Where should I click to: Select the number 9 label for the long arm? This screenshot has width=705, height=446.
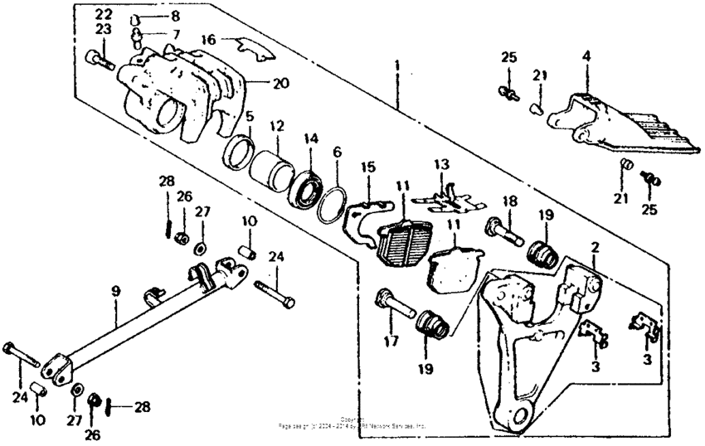pyautogui.click(x=116, y=291)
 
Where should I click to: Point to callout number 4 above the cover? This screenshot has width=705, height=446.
pyautogui.click(x=586, y=57)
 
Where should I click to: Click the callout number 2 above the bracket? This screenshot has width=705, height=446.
pyautogui.click(x=593, y=247)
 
